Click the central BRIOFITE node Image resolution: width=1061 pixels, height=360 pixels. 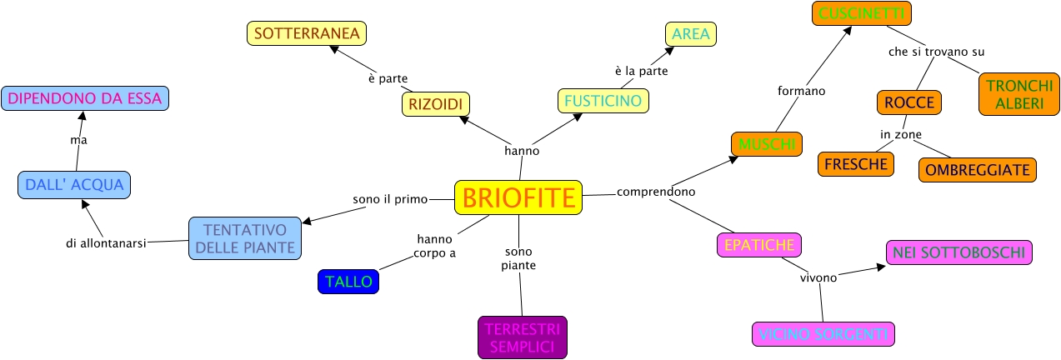click(518, 198)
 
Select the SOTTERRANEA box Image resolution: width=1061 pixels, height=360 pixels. click(307, 33)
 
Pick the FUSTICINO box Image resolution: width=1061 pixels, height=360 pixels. click(603, 101)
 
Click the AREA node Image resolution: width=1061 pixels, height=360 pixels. click(690, 33)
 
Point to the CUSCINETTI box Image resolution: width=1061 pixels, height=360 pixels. click(862, 13)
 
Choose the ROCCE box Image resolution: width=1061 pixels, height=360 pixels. click(909, 102)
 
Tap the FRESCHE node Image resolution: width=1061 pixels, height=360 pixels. click(855, 164)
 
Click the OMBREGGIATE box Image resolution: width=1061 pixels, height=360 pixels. click(978, 169)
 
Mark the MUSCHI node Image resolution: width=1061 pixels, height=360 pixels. click(766, 144)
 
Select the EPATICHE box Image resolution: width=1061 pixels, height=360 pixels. click(758, 245)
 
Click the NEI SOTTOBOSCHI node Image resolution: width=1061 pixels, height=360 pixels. click(958, 252)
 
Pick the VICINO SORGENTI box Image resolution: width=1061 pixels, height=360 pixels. click(823, 334)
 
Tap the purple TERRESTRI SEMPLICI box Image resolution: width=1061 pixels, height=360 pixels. click(523, 337)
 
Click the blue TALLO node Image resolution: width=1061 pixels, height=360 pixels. click(348, 282)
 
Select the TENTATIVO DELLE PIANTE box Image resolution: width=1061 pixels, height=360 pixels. click(244, 238)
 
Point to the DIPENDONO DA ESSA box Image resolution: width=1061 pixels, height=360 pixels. click(85, 98)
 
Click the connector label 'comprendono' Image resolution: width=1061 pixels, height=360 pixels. click(656, 192)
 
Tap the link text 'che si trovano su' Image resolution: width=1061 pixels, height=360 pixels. click(937, 52)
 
